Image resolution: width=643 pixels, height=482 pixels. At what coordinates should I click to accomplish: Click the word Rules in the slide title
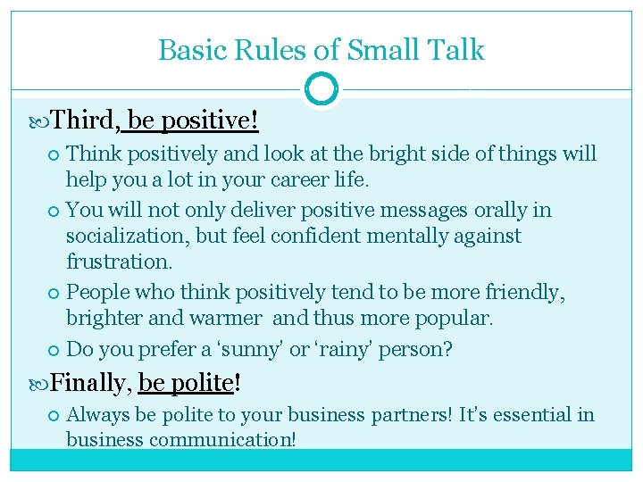(264, 50)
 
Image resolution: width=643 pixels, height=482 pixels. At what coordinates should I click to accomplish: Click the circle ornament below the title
(321, 89)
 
